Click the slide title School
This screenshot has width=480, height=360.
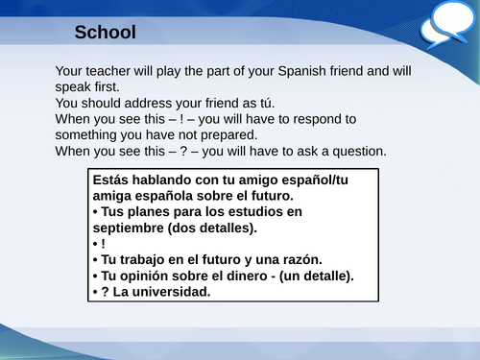click(x=106, y=33)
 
